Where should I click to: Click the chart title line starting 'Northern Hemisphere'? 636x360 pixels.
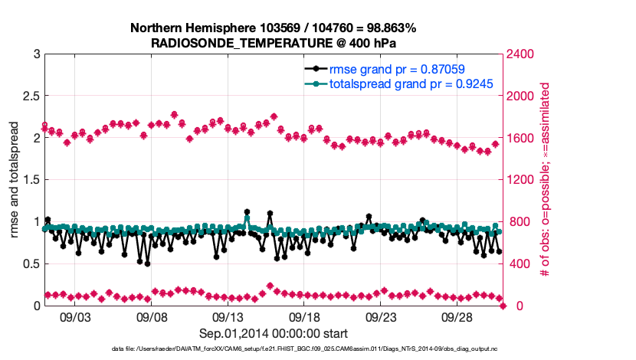click(x=274, y=28)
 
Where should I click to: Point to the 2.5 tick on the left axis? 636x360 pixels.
click(x=31, y=97)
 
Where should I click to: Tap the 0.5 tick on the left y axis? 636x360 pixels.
click(x=31, y=264)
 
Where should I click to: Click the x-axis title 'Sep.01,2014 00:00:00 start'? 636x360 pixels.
click(x=274, y=333)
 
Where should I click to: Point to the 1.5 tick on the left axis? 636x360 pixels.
click(x=31, y=180)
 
